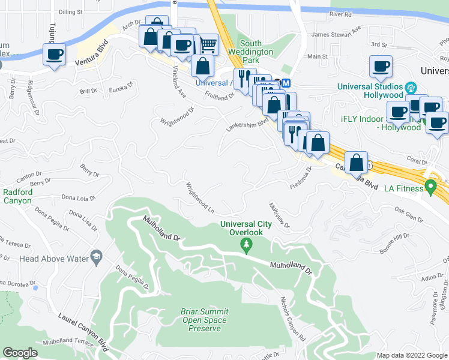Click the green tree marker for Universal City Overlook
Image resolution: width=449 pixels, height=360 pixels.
click(246, 244)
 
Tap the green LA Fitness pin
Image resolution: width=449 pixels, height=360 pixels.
click(430, 187)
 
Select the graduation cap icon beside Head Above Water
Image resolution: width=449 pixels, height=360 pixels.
click(95, 257)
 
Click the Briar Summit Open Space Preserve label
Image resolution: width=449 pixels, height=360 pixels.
click(204, 320)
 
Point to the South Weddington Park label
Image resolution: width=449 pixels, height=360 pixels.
click(259, 48)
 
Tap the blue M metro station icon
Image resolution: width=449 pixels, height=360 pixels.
click(286, 83)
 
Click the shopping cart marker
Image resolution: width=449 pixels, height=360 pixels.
click(208, 44)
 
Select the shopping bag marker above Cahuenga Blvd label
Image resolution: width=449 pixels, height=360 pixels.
click(357, 162)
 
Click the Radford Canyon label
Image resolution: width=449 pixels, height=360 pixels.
click(17, 196)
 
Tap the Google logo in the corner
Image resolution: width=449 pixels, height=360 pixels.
click(20, 353)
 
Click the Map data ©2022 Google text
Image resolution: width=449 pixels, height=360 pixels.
click(412, 355)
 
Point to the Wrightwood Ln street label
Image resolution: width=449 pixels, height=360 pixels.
click(200, 198)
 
